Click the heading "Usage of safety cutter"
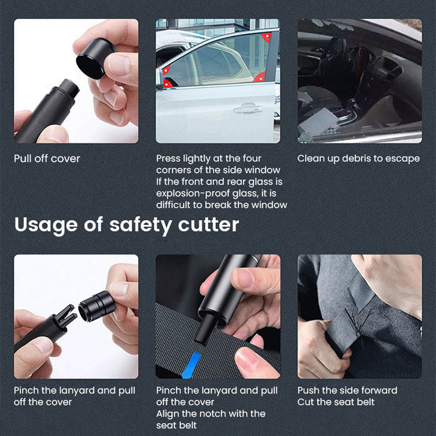click(127, 225)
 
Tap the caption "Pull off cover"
click(47, 159)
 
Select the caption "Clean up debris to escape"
click(359, 159)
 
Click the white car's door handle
click(248, 108)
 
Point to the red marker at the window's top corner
click(267, 37)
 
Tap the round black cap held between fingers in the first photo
click(95, 58)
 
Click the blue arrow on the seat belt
click(191, 365)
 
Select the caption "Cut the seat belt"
click(336, 402)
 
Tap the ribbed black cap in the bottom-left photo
click(97, 306)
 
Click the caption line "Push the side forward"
click(347, 390)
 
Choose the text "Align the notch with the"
click(211, 414)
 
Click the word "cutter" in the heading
click(209, 225)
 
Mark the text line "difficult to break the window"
click(222, 205)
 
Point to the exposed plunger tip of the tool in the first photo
click(69, 88)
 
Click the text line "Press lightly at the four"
click(209, 159)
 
